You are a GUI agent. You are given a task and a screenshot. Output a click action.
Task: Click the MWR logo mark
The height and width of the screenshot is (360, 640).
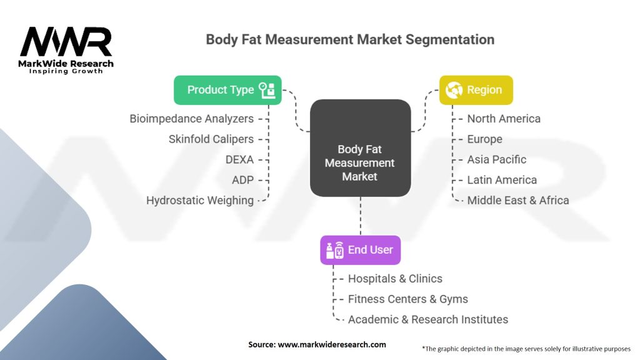pos(66,42)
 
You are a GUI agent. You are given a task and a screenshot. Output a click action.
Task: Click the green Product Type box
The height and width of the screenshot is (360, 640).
pos(227,90)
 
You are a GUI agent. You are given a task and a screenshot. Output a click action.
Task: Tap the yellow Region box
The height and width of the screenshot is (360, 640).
pos(476,90)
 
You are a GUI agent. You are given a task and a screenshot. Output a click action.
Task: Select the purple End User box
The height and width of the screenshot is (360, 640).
pos(361,250)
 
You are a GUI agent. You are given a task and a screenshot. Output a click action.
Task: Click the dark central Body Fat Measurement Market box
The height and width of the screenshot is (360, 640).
pos(361,147)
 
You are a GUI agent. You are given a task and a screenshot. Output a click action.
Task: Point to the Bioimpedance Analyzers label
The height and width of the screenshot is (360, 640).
pos(192,119)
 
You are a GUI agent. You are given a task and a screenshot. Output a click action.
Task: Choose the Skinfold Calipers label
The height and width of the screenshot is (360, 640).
pos(211,139)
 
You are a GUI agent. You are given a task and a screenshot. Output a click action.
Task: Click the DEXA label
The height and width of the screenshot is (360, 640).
pos(239,159)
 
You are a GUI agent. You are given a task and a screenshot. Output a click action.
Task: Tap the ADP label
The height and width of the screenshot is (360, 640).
pos(243,180)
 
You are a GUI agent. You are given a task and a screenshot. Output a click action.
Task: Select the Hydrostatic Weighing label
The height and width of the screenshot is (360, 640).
pos(200,201)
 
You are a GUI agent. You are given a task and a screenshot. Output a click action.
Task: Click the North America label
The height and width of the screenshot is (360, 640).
pos(504,119)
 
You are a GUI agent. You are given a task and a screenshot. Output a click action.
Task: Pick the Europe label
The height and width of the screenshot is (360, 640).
pos(484,139)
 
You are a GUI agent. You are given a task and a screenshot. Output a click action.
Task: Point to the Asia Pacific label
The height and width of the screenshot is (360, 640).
pos(497,159)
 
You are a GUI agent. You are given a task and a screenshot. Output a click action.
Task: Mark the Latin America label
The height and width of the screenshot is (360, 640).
pos(502,180)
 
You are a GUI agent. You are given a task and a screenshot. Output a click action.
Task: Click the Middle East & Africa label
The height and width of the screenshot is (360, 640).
pos(518,201)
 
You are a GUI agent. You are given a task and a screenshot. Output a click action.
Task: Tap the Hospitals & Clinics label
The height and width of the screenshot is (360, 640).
pos(395,279)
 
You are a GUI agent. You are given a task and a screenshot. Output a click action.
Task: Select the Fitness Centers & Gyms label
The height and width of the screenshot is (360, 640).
pos(407,299)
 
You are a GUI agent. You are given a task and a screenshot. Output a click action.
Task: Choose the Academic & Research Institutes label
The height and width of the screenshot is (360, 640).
pos(427,319)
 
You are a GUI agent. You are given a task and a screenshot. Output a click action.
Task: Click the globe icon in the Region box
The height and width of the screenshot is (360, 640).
pos(454,90)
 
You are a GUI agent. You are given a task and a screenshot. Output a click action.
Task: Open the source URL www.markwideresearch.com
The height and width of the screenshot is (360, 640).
pos(332,344)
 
